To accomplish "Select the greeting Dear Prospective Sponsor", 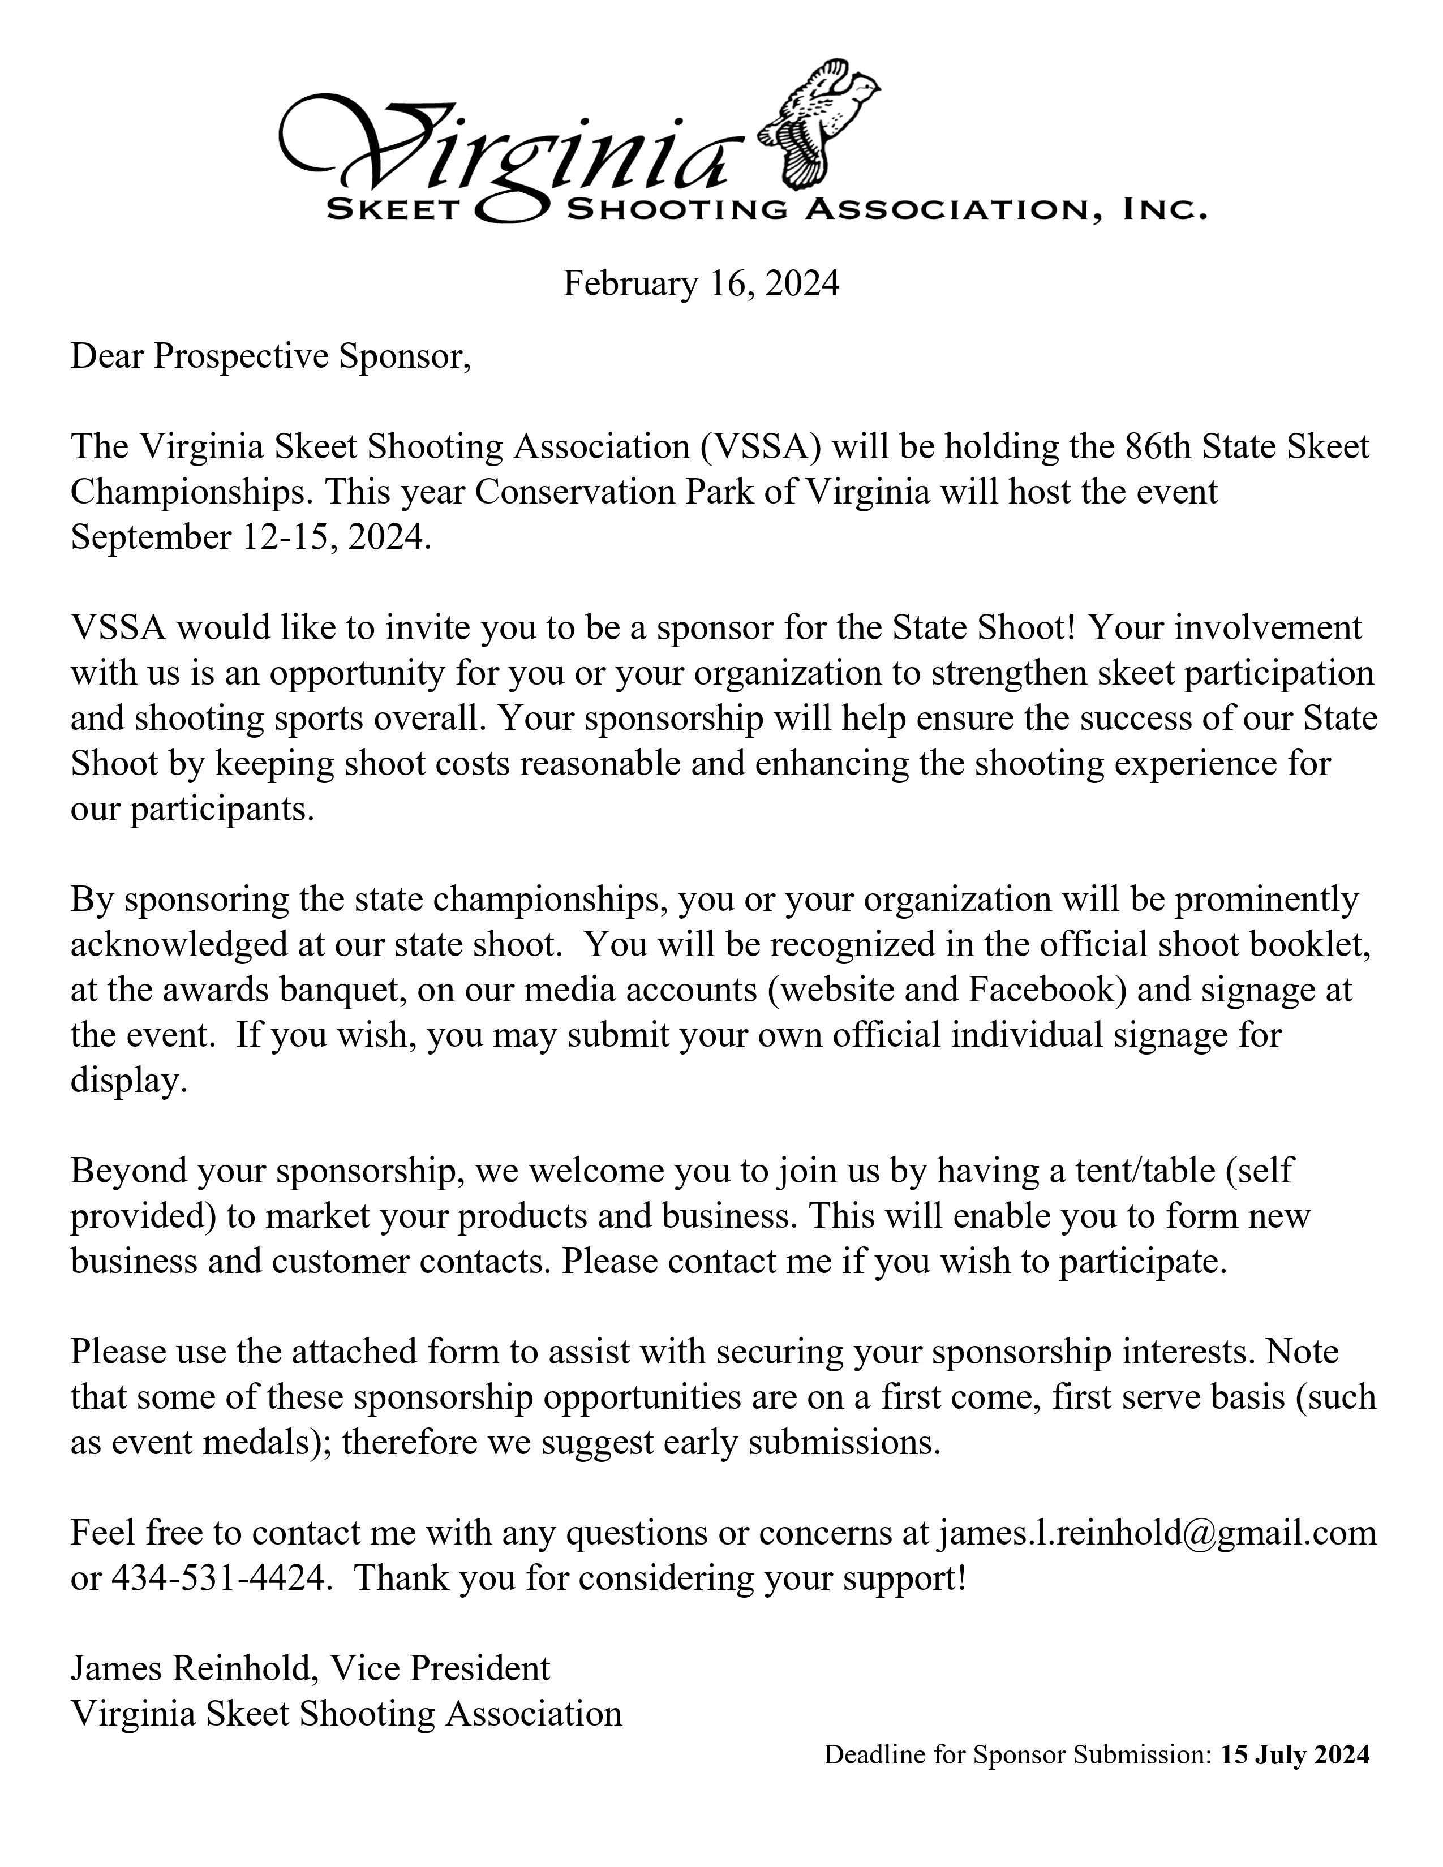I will coord(270,356).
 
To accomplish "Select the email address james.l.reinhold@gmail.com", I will coord(1157,1533).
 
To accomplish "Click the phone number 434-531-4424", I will coord(219,1578).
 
